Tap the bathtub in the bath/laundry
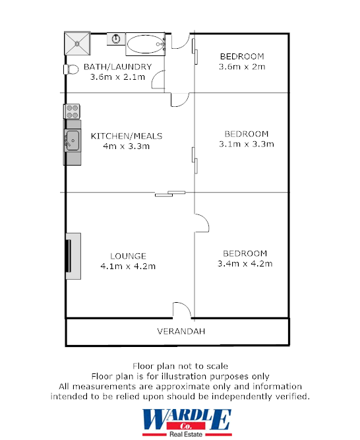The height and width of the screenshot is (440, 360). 144,45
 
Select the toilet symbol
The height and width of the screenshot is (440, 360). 69,69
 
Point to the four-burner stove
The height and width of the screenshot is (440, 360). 72,111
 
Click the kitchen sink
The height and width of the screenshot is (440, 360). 72,140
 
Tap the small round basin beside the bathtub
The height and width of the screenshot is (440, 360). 116,39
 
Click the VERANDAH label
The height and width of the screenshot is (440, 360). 177,331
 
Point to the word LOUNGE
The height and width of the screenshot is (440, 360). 128,256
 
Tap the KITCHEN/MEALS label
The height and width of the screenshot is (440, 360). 126,136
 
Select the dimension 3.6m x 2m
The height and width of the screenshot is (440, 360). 241,67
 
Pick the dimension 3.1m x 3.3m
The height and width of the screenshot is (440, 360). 246,144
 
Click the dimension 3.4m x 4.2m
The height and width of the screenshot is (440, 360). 245,264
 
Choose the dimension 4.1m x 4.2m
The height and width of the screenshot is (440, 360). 128,267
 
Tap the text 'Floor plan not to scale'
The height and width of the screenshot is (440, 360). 180,365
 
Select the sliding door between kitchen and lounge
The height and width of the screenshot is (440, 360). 170,193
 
